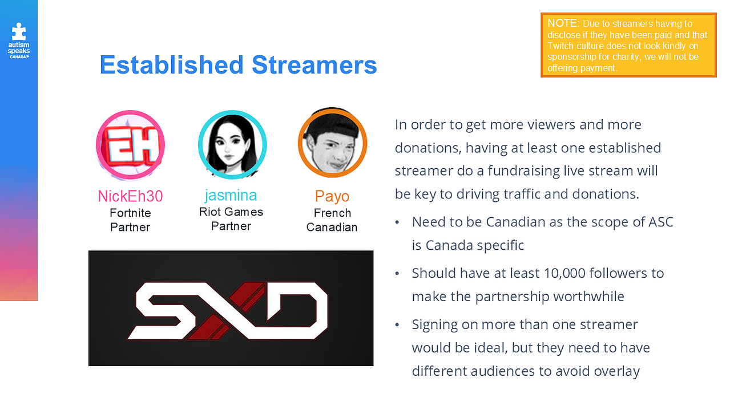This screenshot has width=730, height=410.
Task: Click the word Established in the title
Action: (172, 65)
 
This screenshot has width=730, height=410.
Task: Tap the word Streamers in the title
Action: (314, 65)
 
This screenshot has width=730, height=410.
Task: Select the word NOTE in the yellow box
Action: (563, 23)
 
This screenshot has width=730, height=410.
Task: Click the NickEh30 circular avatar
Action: (130, 145)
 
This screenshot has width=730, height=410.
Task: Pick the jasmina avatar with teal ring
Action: (232, 145)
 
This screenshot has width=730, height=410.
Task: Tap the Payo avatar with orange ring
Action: (332, 143)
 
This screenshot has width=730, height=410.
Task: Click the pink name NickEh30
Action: (130, 196)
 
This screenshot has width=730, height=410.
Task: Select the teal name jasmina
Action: (231, 196)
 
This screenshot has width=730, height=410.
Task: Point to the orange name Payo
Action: (332, 196)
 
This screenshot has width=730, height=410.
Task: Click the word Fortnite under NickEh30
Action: (130, 213)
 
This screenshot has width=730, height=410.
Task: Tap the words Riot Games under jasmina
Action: (231, 212)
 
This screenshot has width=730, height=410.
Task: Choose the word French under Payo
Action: (332, 213)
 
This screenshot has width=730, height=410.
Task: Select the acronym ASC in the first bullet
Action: (660, 222)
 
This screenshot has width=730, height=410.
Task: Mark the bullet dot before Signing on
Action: (397, 324)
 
